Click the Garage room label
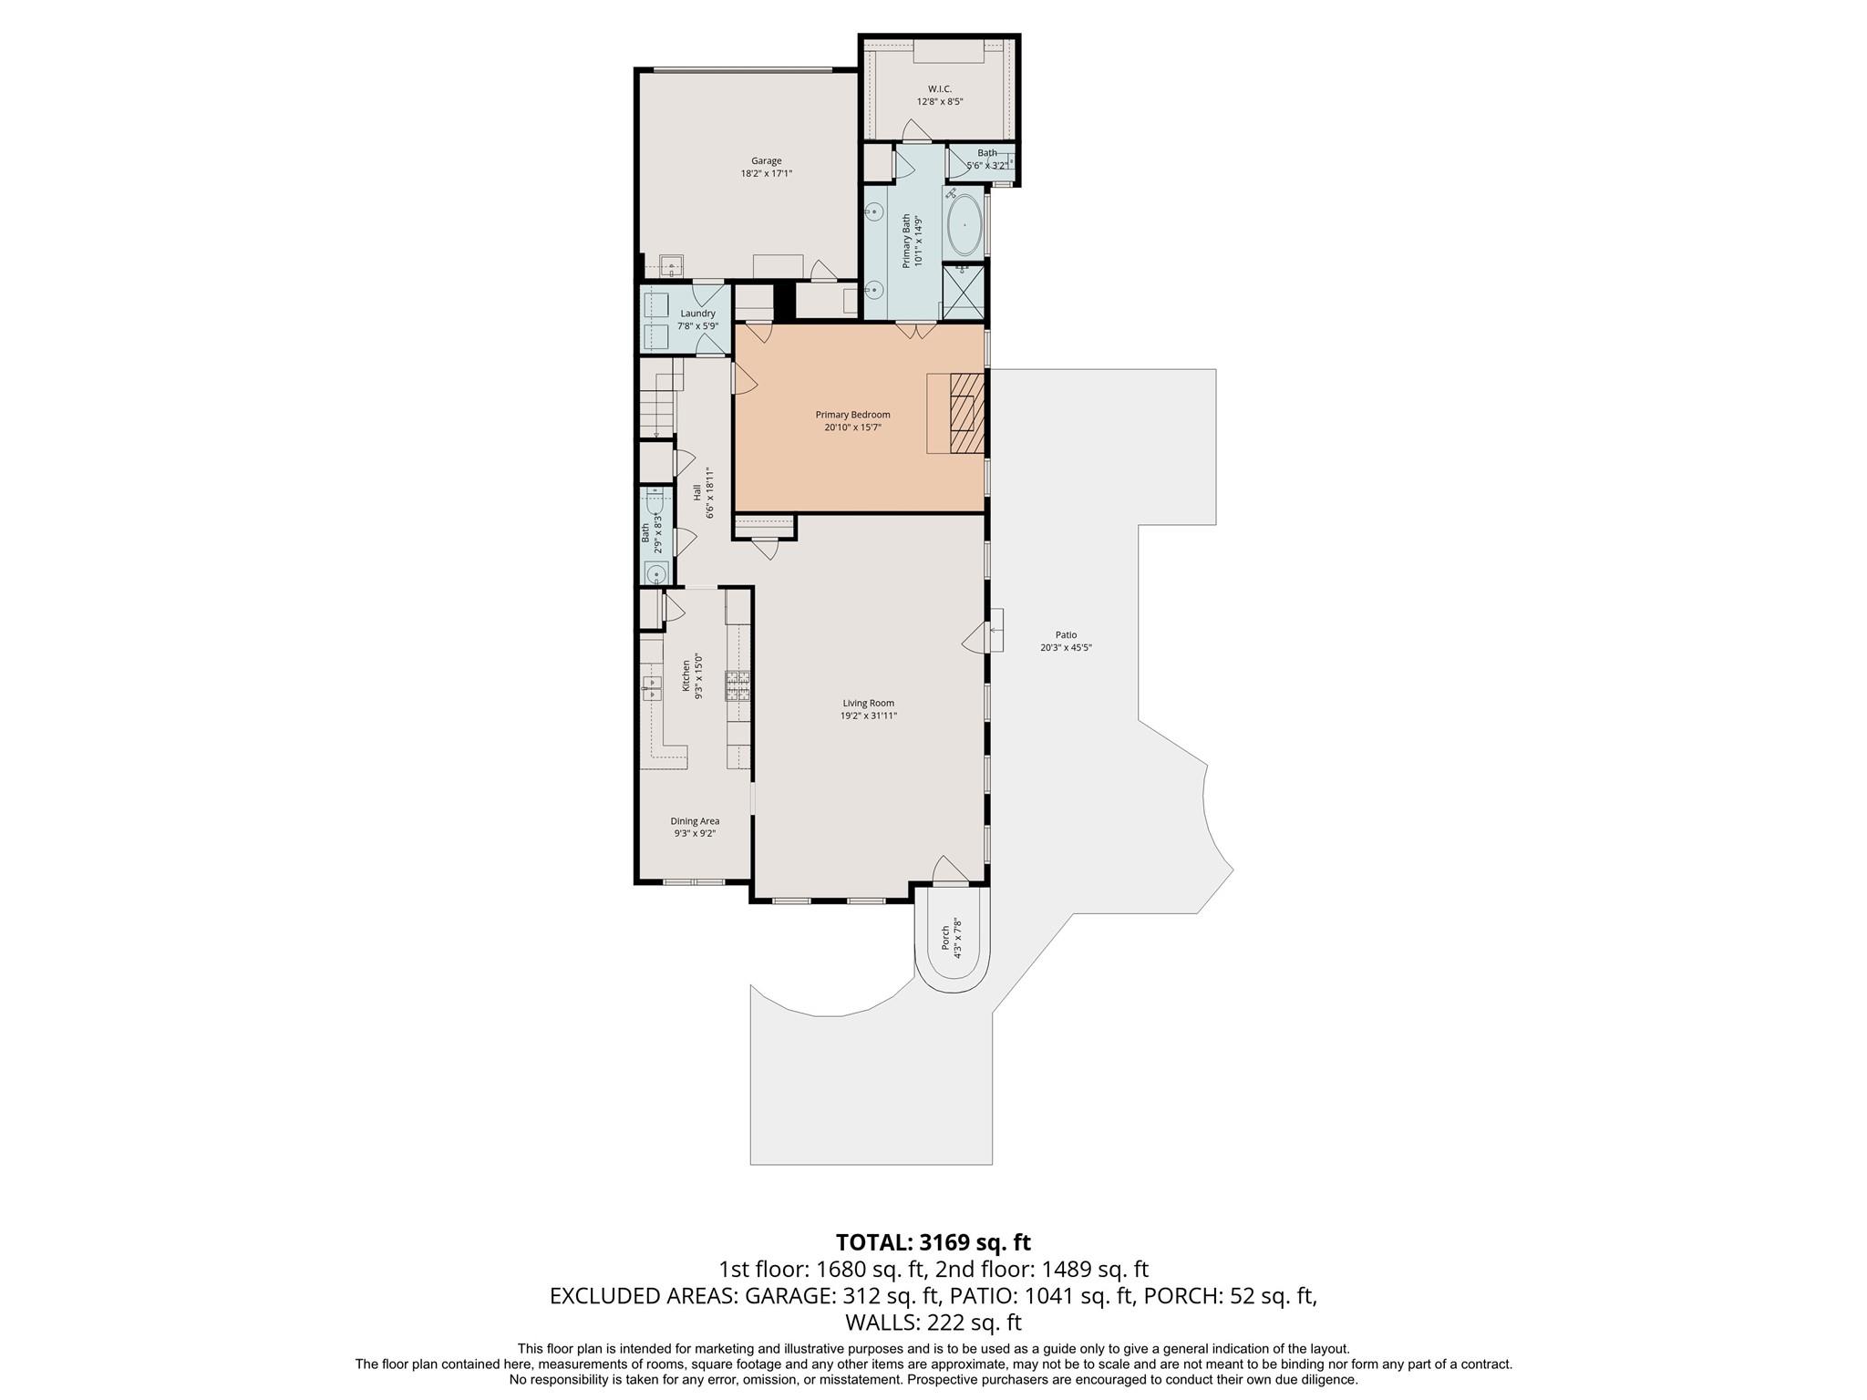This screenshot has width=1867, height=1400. point(767,161)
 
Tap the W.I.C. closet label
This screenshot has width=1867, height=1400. point(940,88)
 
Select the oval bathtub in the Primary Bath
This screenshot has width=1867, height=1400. point(964,223)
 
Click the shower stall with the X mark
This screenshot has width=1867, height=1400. point(963,292)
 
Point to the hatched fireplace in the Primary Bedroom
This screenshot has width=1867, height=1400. point(967,413)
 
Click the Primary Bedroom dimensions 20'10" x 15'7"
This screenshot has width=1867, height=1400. point(852,427)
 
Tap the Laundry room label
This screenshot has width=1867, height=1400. point(698,314)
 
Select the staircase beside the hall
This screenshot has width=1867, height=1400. point(659,398)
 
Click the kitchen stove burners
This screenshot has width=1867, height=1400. point(738,685)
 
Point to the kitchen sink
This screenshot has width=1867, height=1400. point(652,688)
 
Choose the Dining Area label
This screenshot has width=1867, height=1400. point(696,821)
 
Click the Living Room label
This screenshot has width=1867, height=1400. point(869,703)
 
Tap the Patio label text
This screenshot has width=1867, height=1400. point(1066,635)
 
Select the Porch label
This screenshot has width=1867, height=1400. point(945,936)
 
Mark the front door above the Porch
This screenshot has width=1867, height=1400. point(949,870)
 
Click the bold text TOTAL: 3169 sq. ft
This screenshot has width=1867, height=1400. point(933,1242)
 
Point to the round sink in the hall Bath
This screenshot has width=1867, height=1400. point(655,573)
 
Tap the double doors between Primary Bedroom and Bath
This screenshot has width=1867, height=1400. point(915,330)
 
